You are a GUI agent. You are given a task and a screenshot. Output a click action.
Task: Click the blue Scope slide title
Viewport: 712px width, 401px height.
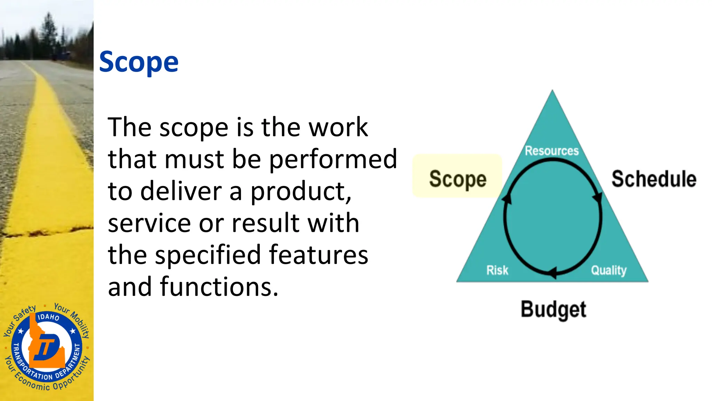click(x=139, y=62)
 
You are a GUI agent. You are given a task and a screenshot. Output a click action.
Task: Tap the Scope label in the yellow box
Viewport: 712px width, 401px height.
click(x=458, y=179)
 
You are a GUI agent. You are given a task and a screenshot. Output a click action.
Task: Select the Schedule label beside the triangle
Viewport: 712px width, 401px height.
click(x=654, y=179)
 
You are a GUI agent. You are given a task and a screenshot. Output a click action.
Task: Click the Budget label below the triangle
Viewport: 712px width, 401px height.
click(x=553, y=309)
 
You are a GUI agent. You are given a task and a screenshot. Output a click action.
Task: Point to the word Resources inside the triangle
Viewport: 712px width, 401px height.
click(x=552, y=151)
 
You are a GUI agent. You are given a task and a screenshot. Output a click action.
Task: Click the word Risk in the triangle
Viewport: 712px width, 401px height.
click(x=497, y=270)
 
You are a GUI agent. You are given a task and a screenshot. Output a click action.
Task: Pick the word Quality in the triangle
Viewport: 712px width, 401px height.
click(x=609, y=270)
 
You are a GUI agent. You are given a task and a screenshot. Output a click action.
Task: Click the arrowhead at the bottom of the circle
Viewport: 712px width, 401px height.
click(x=552, y=273)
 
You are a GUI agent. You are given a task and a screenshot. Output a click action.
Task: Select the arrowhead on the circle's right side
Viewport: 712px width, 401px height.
click(x=598, y=197)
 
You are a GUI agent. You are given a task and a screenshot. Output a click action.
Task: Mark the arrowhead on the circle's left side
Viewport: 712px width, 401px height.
click(x=507, y=198)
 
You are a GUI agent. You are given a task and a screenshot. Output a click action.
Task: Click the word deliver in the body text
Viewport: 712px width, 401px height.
click(x=181, y=191)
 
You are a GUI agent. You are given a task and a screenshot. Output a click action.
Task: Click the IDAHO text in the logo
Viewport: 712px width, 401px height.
click(x=48, y=317)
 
